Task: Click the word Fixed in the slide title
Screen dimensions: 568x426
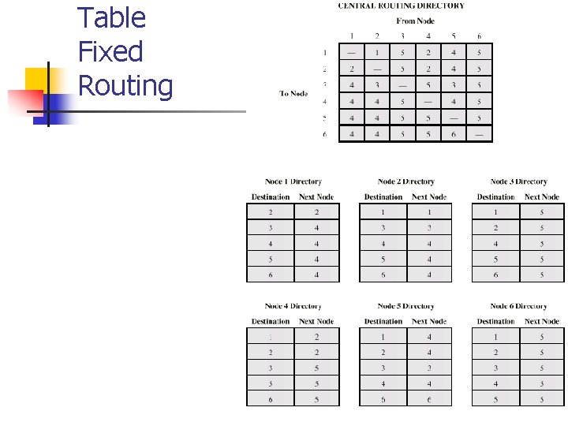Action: point(110,52)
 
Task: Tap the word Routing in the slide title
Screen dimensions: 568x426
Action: point(125,86)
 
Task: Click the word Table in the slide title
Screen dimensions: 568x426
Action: point(112,18)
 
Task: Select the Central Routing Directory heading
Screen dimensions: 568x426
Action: point(401,6)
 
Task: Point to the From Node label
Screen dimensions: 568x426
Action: point(416,21)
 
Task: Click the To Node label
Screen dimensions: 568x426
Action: point(293,94)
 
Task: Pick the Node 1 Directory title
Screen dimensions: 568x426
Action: point(293,182)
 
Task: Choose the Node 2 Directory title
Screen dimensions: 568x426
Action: point(406,182)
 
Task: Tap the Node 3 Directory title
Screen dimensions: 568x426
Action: point(518,182)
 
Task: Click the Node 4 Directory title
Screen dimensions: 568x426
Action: point(293,306)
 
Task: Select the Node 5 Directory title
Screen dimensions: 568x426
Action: point(406,306)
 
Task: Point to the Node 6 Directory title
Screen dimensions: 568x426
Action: point(518,306)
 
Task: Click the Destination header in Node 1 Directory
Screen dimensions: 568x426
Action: point(271,197)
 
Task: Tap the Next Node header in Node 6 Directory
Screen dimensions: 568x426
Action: point(541,322)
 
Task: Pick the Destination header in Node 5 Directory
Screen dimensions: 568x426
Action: point(383,322)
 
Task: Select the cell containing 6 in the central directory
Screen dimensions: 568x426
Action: point(454,135)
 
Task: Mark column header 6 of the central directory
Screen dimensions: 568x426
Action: point(479,36)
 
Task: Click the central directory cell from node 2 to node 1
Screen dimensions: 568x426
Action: point(377,53)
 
